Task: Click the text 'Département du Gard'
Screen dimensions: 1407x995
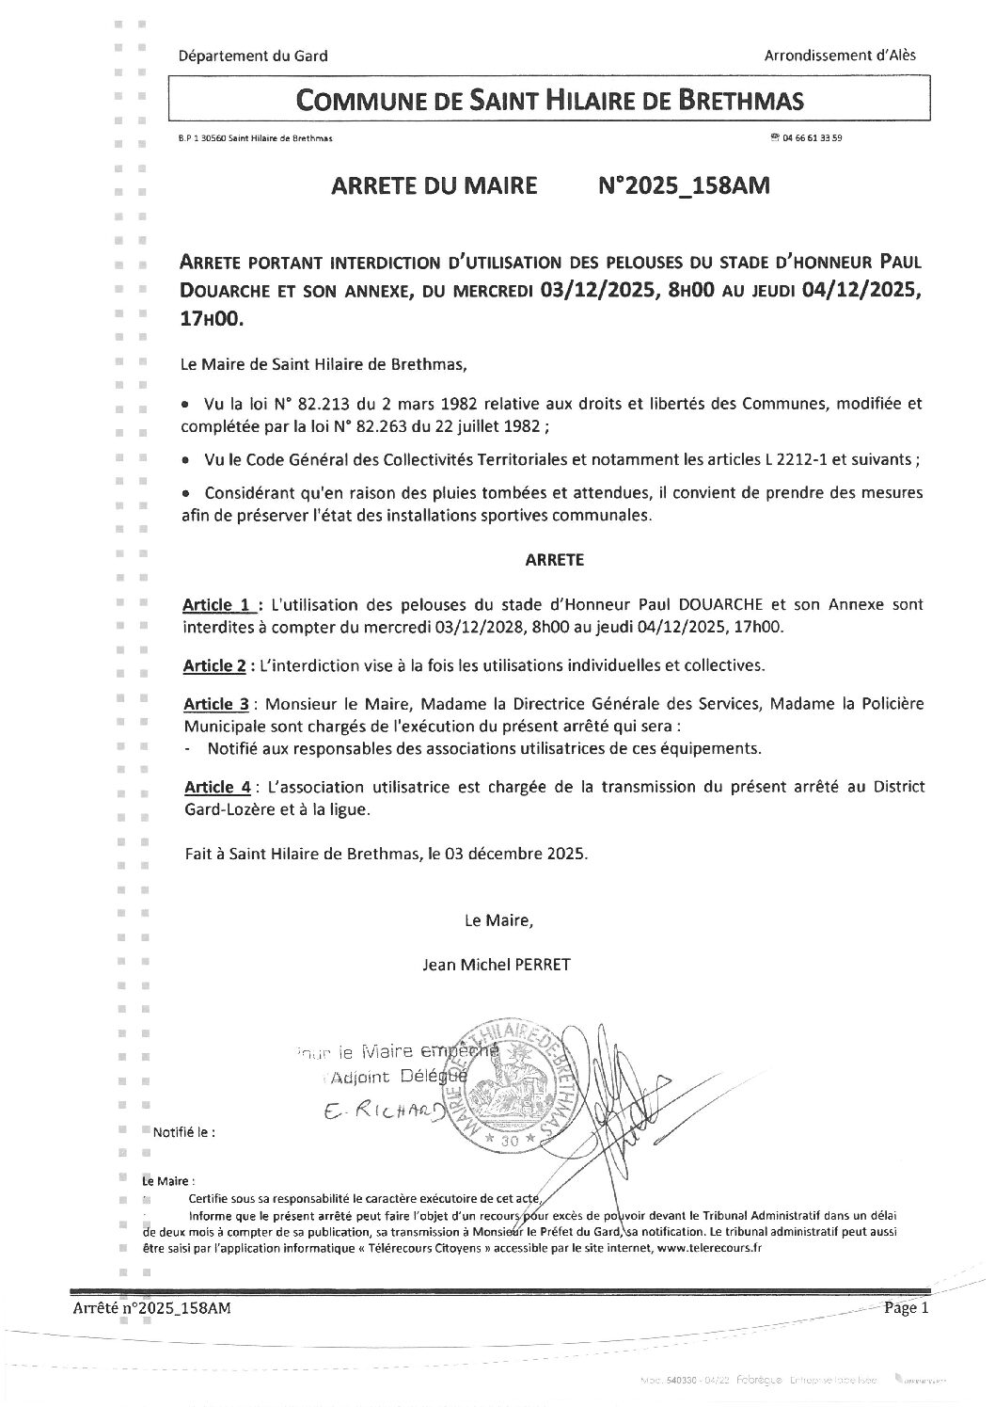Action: click(253, 56)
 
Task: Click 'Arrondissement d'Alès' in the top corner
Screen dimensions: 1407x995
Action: click(841, 55)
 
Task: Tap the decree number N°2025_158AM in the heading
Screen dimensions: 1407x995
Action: click(684, 185)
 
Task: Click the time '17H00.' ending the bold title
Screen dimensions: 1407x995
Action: click(212, 319)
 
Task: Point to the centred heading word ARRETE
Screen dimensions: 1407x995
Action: click(554, 559)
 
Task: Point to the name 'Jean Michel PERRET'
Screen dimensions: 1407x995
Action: click(497, 964)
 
